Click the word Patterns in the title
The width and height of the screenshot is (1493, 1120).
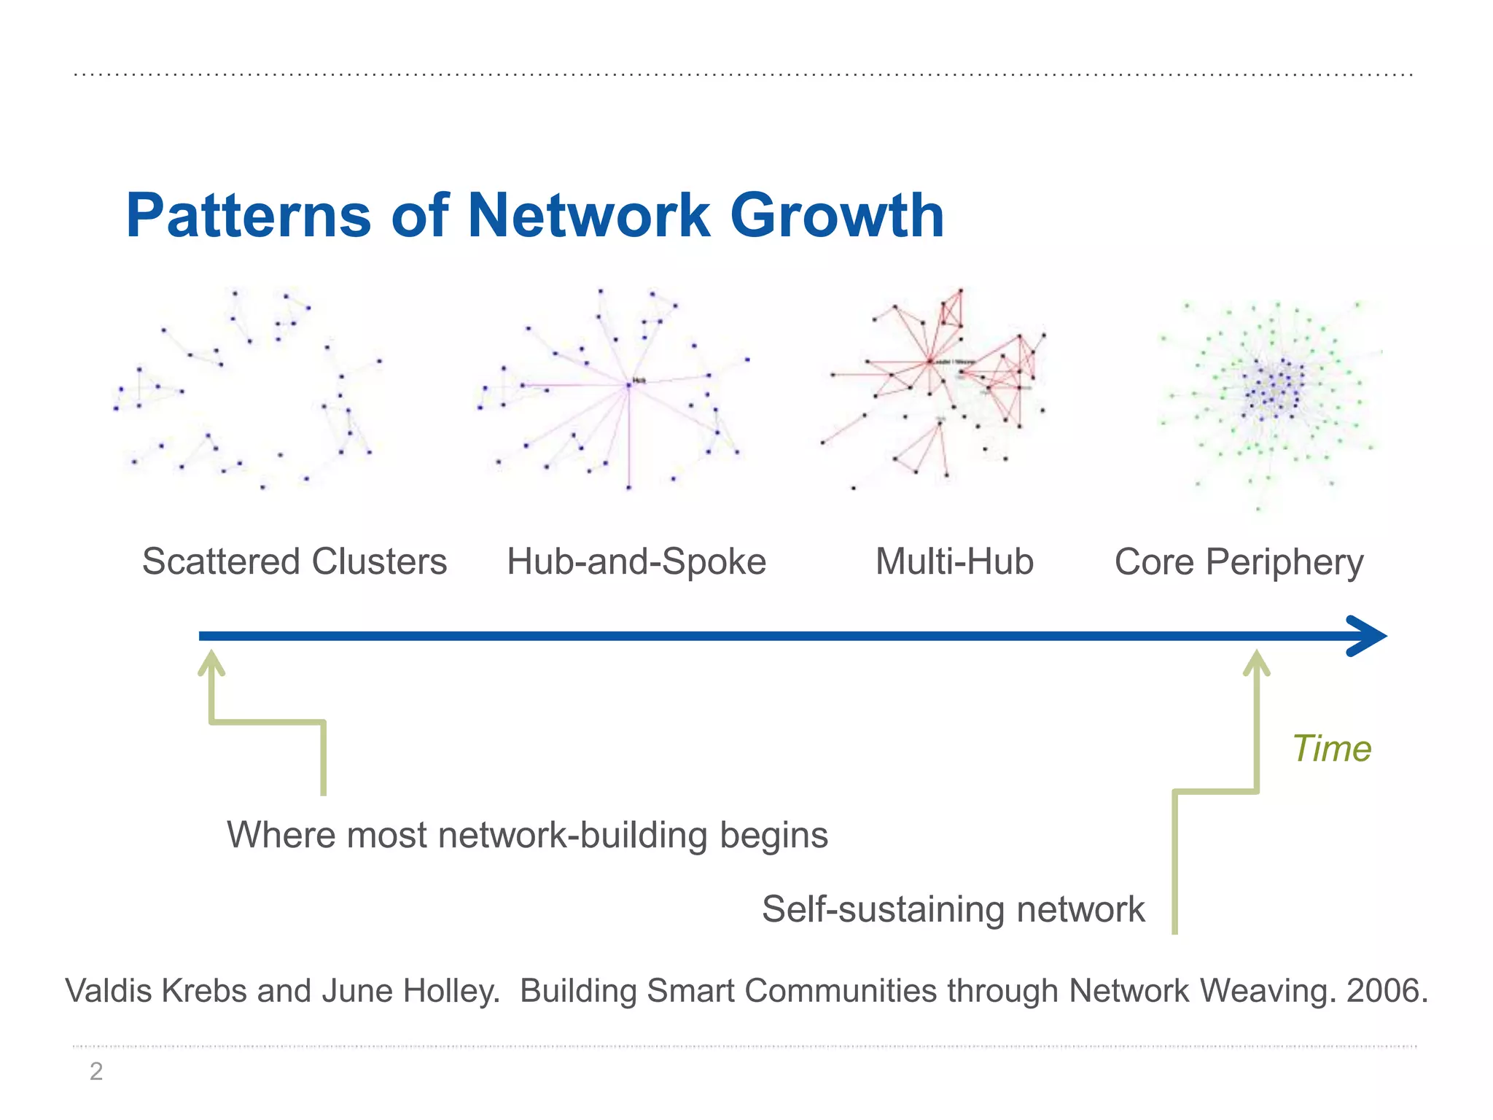click(x=249, y=216)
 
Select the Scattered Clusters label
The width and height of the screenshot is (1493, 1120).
click(x=295, y=562)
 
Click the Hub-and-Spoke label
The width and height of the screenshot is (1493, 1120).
click(x=636, y=562)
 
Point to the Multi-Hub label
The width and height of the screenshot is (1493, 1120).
click(x=954, y=562)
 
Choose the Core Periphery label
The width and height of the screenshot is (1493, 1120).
click(x=1239, y=562)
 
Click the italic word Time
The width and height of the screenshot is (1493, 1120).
click(x=1331, y=749)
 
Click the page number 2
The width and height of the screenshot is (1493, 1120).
click(x=96, y=1071)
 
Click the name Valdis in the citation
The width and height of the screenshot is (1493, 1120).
click(x=109, y=991)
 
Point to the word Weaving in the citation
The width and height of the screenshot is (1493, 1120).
click(x=1266, y=991)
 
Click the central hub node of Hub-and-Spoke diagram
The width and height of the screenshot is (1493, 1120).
click(x=628, y=384)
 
